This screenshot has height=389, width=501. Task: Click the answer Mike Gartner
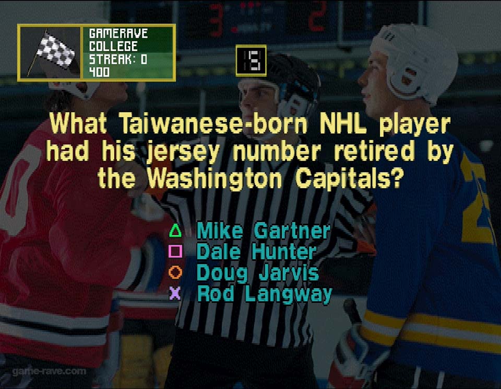click(x=263, y=231)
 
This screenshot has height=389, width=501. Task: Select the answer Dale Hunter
click(x=256, y=251)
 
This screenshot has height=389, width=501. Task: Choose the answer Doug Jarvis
click(x=257, y=273)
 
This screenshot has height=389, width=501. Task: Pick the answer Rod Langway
click(x=265, y=294)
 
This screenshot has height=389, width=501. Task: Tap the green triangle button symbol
click(x=175, y=231)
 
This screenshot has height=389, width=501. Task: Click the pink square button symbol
click(x=175, y=251)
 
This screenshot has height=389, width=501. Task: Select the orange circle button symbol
click(x=175, y=272)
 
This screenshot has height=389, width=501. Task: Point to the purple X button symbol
click(x=175, y=293)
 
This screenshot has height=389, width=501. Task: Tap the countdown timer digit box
click(x=251, y=61)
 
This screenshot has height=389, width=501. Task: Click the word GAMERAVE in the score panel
click(x=118, y=33)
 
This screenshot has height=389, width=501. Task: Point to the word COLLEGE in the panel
click(x=113, y=47)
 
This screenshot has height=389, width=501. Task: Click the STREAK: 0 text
click(x=118, y=59)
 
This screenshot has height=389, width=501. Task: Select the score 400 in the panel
click(x=99, y=72)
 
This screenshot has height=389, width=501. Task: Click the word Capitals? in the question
click(x=348, y=179)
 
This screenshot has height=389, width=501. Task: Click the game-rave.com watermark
click(x=49, y=371)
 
